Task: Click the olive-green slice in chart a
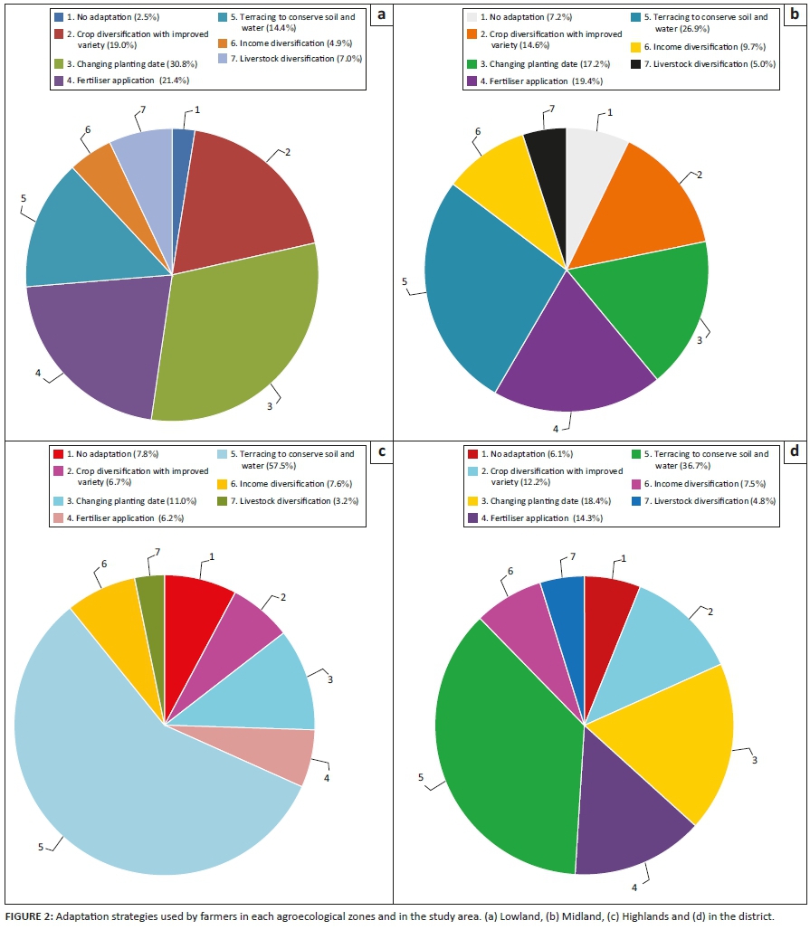pyautogui.click(x=244, y=335)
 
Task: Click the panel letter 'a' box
pyautogui.click(x=382, y=14)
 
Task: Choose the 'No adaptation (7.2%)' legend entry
pyautogui.click(x=519, y=17)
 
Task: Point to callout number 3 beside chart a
pyautogui.click(x=270, y=406)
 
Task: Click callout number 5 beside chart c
pyautogui.click(x=42, y=848)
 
